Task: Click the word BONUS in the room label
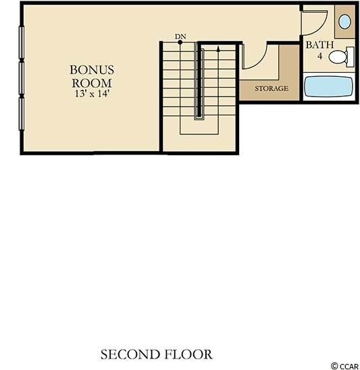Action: click(x=92, y=70)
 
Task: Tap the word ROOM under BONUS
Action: click(x=92, y=82)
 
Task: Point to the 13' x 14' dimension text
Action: click(x=92, y=94)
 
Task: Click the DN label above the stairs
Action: click(x=180, y=36)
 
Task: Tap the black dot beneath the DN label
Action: click(x=180, y=42)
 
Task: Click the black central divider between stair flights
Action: click(x=199, y=82)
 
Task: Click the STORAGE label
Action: click(x=272, y=88)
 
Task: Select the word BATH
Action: click(x=319, y=45)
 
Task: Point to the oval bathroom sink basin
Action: click(x=344, y=21)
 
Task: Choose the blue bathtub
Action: click(x=328, y=86)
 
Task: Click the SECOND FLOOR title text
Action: click(x=156, y=354)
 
